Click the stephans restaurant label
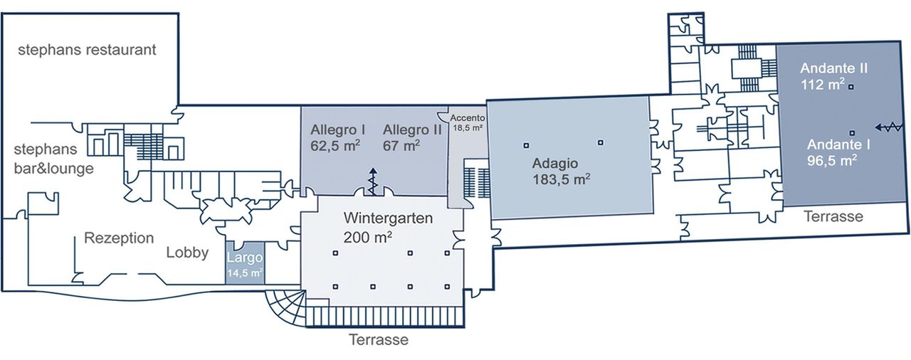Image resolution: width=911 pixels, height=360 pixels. pos(87,51)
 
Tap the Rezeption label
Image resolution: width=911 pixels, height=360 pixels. pos(119,238)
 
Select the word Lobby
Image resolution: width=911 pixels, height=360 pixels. pos(187,253)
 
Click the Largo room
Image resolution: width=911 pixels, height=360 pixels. pos(245,258)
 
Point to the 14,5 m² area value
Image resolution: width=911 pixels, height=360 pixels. pos(245,272)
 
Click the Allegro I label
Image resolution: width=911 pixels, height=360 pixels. pos(338,130)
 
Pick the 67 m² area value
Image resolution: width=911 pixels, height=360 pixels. pos(401,146)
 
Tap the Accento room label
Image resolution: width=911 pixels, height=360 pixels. pos(468,118)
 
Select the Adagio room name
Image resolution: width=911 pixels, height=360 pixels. pos(556,163)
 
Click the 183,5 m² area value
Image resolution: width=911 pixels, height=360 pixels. pos(560,179)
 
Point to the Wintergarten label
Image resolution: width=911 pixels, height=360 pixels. pos(388,219)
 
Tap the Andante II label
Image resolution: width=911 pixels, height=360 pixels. pos(833,69)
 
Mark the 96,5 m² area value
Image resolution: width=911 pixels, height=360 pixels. pos(831,161)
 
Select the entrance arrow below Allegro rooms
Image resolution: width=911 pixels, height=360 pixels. pos(372,181)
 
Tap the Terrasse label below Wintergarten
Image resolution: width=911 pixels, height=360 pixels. pos(379,340)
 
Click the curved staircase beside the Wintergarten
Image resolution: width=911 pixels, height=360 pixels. pos(285,307)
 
